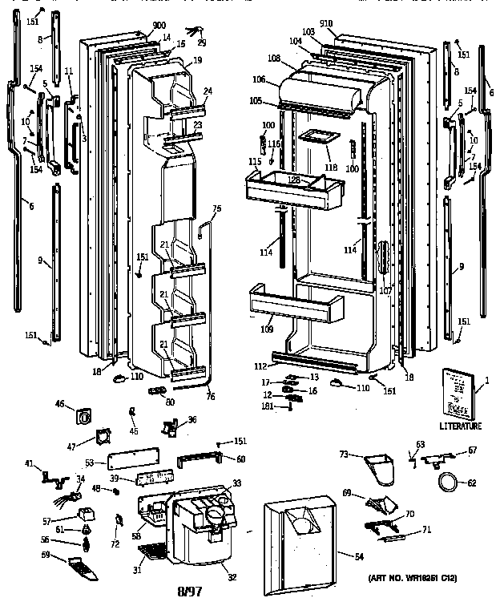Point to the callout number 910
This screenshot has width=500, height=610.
[x=325, y=23]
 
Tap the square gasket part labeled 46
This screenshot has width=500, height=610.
[x=82, y=416]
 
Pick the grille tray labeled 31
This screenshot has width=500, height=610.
[x=152, y=553]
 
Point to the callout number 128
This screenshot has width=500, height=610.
[x=294, y=180]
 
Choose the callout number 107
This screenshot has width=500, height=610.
[x=386, y=291]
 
